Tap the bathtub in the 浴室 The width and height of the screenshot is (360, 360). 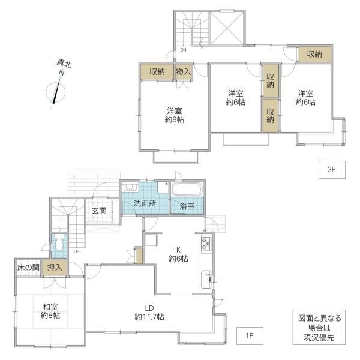187,190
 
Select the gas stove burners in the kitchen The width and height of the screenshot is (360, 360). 206,244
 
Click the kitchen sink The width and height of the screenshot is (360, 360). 206,280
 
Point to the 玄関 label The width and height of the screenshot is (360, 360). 99,211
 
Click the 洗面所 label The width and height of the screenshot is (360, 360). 145,203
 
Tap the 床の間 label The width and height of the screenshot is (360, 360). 28,268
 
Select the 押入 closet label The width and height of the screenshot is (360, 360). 55,268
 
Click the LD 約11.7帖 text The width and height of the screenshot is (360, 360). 149,313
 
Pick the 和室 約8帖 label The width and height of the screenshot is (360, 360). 50,311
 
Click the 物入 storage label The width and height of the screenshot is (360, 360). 183,71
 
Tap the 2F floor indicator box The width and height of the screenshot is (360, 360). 332,170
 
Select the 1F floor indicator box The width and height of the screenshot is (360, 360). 250,336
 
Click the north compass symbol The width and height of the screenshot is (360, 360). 56,92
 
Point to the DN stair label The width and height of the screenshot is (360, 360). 183,50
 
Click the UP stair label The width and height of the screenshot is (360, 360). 76,251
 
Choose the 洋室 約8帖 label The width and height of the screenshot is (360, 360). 175,115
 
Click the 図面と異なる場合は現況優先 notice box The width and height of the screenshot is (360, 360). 319,328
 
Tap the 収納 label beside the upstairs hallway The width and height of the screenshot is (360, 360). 314,54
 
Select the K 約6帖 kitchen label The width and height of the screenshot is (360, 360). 178,254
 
